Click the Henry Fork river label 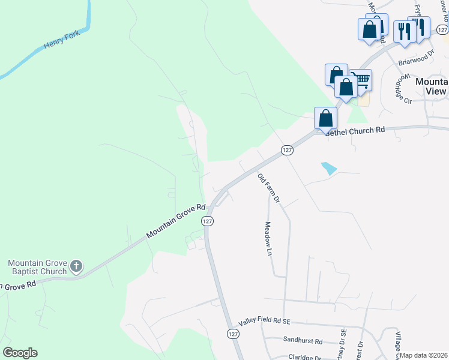[62, 46]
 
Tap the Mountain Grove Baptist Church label [37, 267]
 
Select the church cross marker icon [76, 266]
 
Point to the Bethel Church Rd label [354, 131]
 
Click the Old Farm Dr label [268, 188]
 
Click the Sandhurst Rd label [303, 341]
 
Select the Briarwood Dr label [416, 58]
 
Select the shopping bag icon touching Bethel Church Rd [325, 118]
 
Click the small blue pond [329, 169]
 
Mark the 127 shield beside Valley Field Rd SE [231, 333]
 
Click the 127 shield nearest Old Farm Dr [286, 149]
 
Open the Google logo [20, 353]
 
